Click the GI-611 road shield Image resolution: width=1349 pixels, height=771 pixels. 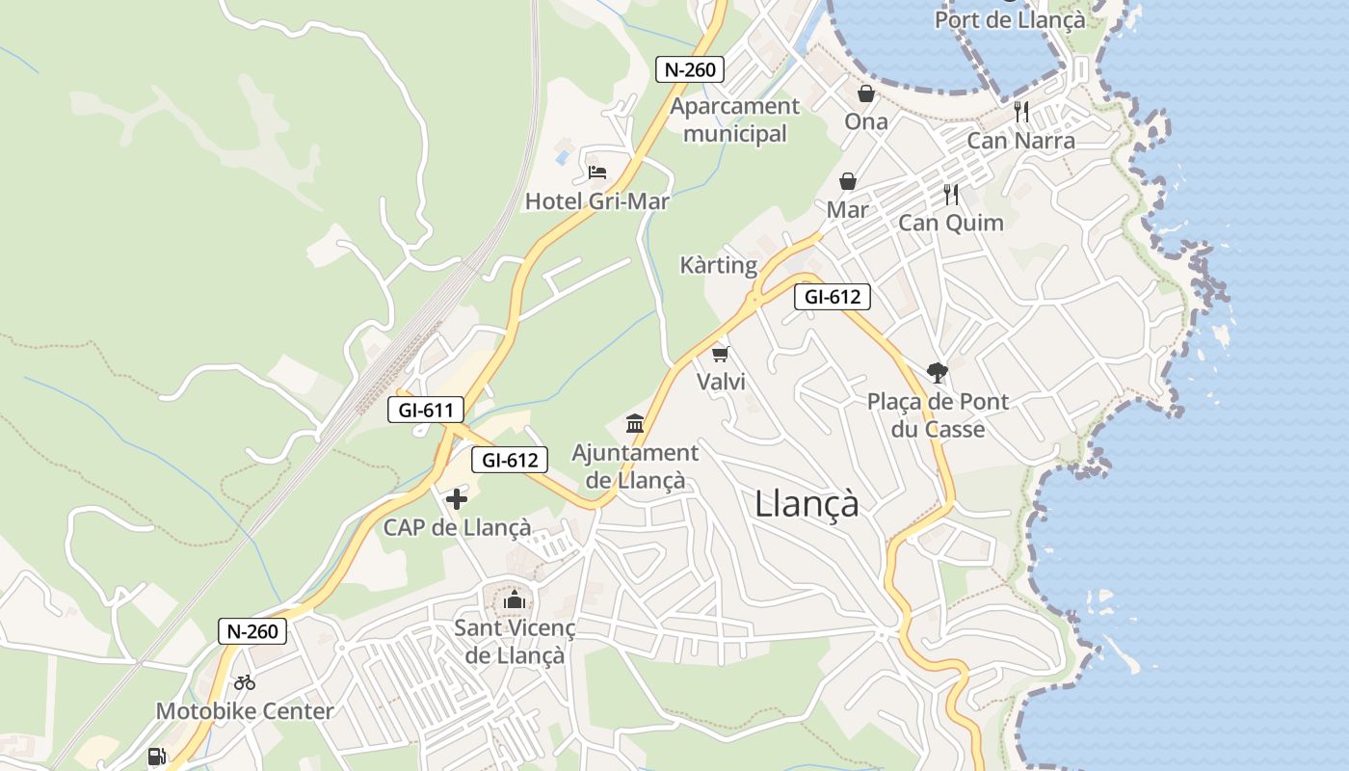click(x=426, y=410)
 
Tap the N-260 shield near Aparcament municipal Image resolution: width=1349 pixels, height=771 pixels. click(x=689, y=69)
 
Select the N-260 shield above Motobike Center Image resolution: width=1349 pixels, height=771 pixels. click(x=253, y=632)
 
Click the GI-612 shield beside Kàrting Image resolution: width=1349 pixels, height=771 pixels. click(x=833, y=297)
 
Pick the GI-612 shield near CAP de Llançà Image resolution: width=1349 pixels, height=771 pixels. click(x=510, y=460)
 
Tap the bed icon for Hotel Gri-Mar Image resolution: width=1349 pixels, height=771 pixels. click(x=597, y=173)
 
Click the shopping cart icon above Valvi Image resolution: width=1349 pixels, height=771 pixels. click(x=720, y=354)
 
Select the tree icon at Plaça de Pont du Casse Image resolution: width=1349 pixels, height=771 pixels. click(x=936, y=373)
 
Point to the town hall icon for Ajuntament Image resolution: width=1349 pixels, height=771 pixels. click(x=635, y=423)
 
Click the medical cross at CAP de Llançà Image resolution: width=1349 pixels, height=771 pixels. click(x=457, y=499)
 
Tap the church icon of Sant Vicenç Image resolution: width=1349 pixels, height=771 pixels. click(x=514, y=599)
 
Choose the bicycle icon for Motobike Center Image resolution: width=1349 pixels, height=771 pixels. click(x=245, y=682)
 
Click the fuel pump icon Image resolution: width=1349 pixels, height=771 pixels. click(x=156, y=757)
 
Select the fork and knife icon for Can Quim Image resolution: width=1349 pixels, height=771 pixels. click(x=951, y=195)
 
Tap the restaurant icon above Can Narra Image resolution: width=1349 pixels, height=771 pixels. click(x=1021, y=112)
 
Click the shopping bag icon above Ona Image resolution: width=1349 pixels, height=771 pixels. click(x=866, y=93)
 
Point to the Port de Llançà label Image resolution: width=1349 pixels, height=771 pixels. click(x=1010, y=19)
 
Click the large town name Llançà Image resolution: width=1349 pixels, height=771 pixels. click(x=807, y=503)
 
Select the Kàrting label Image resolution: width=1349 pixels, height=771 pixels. click(x=719, y=265)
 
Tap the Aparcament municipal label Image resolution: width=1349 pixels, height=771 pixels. click(x=735, y=120)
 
